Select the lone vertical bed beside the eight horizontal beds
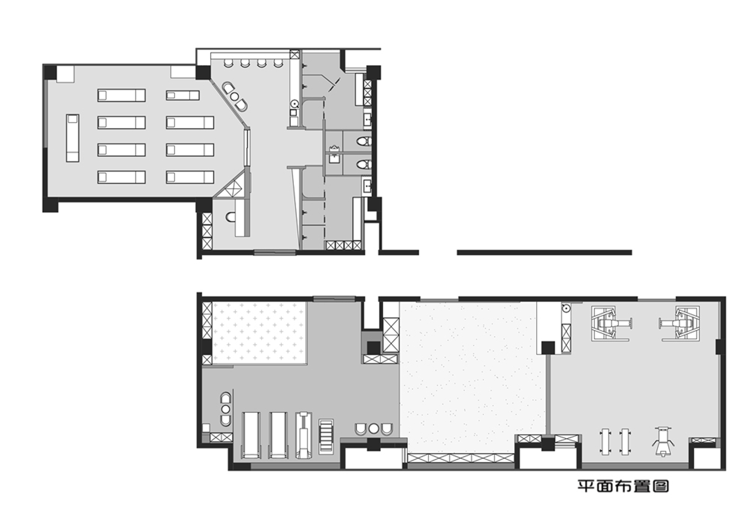[x=73, y=138]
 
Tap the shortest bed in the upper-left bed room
[x=182, y=95]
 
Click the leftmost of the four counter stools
[x=228, y=63]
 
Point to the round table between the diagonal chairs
[x=235, y=96]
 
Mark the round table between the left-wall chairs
[x=225, y=409]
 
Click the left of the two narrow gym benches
[x=605, y=442]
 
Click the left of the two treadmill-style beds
[x=251, y=435]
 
